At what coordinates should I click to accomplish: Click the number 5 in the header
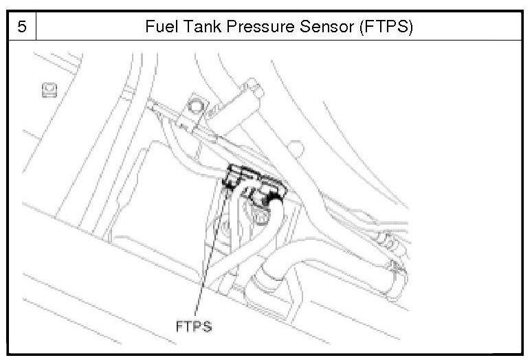coord(21,28)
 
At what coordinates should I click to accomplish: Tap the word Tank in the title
coord(198,28)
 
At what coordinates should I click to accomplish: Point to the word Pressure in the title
coord(254,28)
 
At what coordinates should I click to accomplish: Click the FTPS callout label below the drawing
coord(194,326)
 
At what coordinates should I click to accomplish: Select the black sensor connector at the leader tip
coord(232,180)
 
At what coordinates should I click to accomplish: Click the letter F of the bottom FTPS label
coord(177,326)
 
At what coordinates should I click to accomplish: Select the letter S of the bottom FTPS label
coord(208,326)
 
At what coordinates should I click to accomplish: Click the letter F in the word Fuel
coord(149,28)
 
